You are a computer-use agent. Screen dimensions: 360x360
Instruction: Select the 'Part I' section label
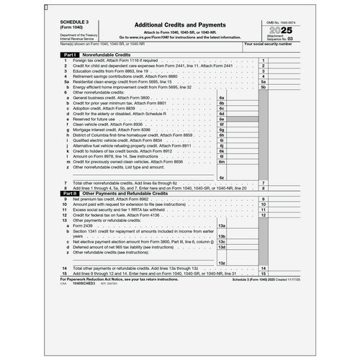70,55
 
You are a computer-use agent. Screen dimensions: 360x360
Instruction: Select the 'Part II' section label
70,194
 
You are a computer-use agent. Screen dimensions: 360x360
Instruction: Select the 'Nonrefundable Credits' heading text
107,55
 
